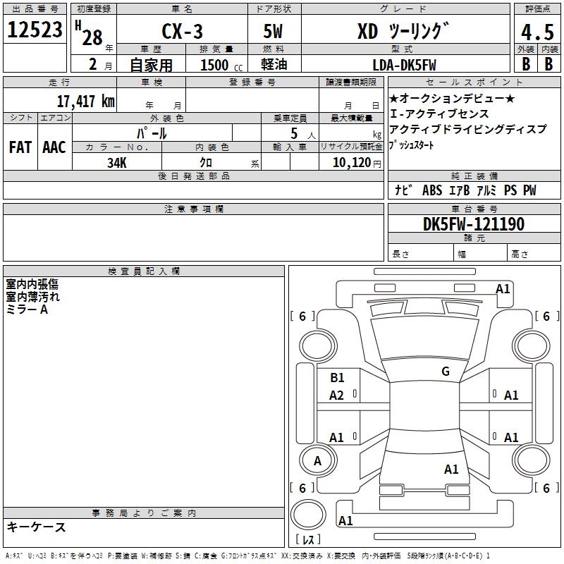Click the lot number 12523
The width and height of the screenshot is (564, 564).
point(35,30)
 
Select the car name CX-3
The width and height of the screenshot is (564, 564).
point(182,31)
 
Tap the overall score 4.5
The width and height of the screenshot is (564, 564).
point(537,32)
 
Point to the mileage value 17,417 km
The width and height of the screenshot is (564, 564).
point(85,101)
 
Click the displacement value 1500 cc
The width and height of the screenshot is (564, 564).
point(221,65)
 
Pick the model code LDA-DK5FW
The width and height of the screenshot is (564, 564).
point(404,65)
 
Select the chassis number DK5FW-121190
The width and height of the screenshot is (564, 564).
point(474,224)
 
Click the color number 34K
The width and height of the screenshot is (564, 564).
point(117,163)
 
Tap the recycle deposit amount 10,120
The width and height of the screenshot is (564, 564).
point(352,162)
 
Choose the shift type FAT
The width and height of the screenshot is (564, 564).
point(20,147)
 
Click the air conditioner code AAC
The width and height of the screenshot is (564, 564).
point(54,147)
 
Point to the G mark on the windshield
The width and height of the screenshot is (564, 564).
point(446,371)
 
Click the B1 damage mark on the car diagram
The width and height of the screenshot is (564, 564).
point(337,377)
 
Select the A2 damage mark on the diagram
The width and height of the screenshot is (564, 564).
point(336,396)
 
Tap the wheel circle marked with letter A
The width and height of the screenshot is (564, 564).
point(318,460)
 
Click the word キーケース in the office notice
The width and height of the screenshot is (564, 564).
point(37,527)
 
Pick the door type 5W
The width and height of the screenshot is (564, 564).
point(273,31)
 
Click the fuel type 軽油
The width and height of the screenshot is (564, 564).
point(274,64)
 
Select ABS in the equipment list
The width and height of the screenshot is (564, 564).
point(432,190)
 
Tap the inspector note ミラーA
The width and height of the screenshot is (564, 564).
point(27,309)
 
